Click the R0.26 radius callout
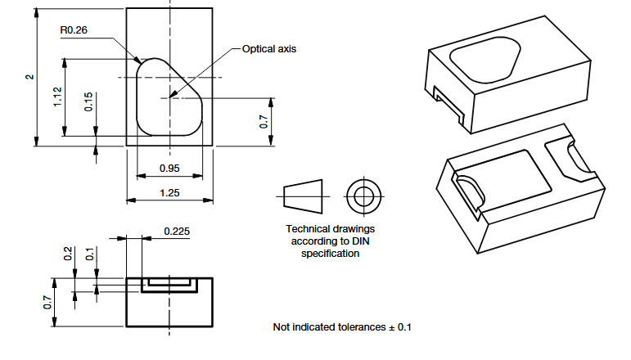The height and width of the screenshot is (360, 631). (x=74, y=30)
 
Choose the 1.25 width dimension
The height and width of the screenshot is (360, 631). (x=169, y=193)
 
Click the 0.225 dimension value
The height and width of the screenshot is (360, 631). (x=178, y=232)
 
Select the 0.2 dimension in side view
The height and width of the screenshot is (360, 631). (x=69, y=253)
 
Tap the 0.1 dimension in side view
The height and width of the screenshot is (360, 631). (x=88, y=254)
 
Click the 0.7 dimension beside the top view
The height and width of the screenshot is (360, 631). (x=264, y=121)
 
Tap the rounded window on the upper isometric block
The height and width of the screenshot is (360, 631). (x=485, y=61)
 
